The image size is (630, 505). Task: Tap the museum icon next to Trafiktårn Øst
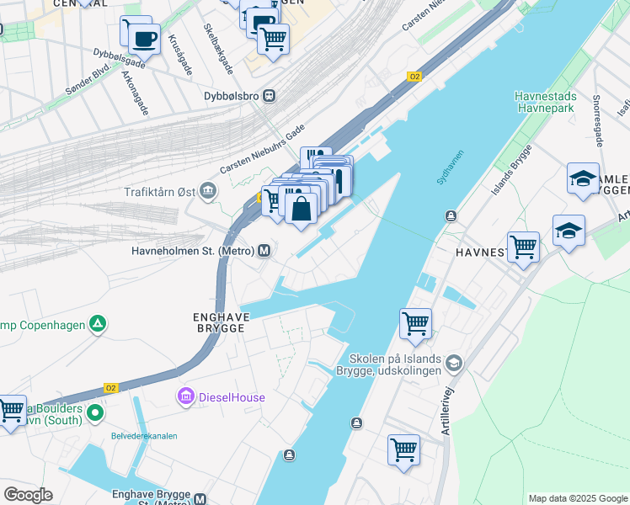209,193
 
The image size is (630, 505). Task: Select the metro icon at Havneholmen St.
264,251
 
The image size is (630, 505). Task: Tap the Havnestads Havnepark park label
545,103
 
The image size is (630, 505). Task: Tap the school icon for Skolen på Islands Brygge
454,363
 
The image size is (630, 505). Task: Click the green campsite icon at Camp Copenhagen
99,323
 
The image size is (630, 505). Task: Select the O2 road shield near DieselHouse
110,388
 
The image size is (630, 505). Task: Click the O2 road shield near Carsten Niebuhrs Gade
414,77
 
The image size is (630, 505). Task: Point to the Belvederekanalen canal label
145,436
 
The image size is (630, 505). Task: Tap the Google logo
28,495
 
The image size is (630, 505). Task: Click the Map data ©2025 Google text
578,498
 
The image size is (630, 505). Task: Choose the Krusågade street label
178,52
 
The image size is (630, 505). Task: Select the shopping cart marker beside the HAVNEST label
523,247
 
